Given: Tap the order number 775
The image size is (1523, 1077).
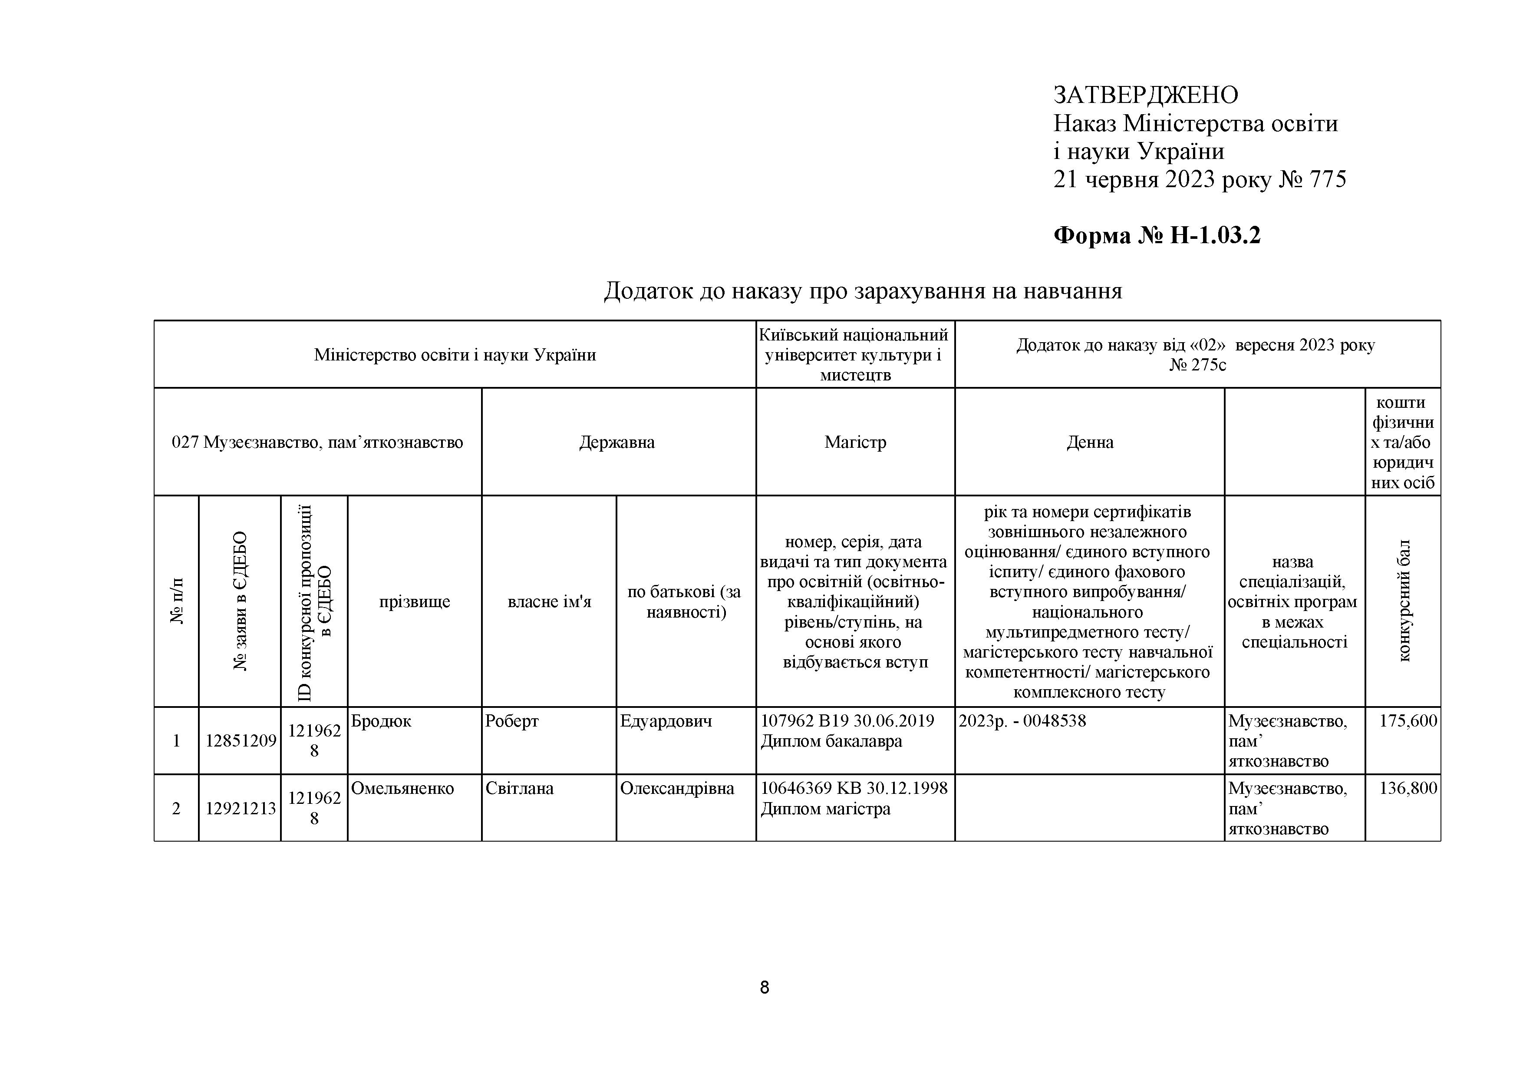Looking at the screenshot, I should point(1327,180).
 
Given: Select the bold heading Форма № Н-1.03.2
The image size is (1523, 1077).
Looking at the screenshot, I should point(1157,235).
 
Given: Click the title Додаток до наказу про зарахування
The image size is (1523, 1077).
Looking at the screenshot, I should point(862,291).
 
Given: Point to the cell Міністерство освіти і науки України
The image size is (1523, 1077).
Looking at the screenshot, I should point(455,355).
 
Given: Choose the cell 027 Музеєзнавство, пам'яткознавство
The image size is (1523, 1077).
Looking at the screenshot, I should point(317,442).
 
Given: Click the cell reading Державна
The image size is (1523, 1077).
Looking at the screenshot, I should point(617,442).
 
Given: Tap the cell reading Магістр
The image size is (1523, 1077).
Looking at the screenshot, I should point(855,442).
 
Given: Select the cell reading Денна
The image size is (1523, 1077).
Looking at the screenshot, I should point(1089,442).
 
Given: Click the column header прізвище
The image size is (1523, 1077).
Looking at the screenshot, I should point(415,601).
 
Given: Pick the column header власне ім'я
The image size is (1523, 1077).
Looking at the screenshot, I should point(549,601).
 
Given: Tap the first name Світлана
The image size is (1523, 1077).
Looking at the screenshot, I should point(519,788).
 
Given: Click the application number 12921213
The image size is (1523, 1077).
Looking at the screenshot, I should point(240,808).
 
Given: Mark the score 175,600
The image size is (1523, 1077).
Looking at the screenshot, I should point(1408,720).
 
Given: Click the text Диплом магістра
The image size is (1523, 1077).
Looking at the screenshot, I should point(825,809).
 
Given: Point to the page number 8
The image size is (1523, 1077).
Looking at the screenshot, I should point(764,988).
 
